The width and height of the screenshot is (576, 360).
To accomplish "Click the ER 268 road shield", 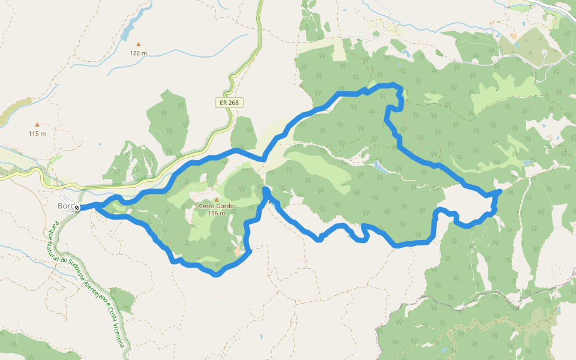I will (229, 103).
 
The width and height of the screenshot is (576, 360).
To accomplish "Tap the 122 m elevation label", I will (139, 53).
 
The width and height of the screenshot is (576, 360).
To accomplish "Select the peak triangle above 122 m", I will (139, 44).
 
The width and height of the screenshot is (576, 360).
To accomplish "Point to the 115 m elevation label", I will (37, 133).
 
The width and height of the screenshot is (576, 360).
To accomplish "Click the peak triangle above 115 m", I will (37, 125).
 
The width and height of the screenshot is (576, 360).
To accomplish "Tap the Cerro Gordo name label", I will (216, 206).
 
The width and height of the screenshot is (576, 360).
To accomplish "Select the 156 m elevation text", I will (216, 213).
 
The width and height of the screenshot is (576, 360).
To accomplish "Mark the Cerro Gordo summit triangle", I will (216, 199).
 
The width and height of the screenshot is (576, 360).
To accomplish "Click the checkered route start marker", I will (77, 208).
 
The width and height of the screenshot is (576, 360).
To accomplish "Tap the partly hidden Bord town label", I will (65, 206).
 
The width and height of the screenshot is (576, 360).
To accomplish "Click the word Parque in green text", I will (52, 230).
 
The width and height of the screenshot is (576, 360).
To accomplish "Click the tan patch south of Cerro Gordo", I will (239, 251).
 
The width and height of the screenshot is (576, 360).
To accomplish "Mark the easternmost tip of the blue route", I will (500, 191).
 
